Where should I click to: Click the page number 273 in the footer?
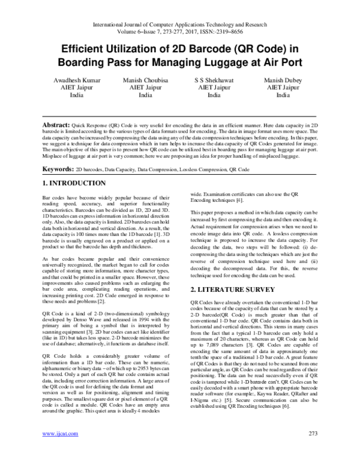[311, 449]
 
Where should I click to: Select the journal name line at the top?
[179, 25]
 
